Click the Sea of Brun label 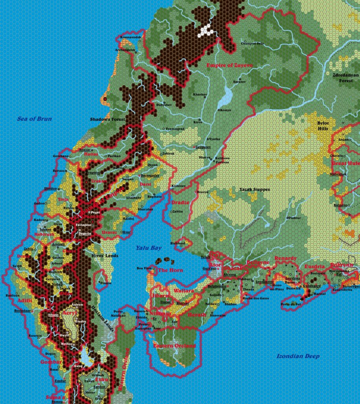tap(34, 119)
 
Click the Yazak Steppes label tap(255, 190)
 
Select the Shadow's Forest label tap(107, 119)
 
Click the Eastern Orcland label tap(174, 346)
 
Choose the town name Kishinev tap(178, 185)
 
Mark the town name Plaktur tap(294, 218)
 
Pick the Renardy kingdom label tap(285, 258)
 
